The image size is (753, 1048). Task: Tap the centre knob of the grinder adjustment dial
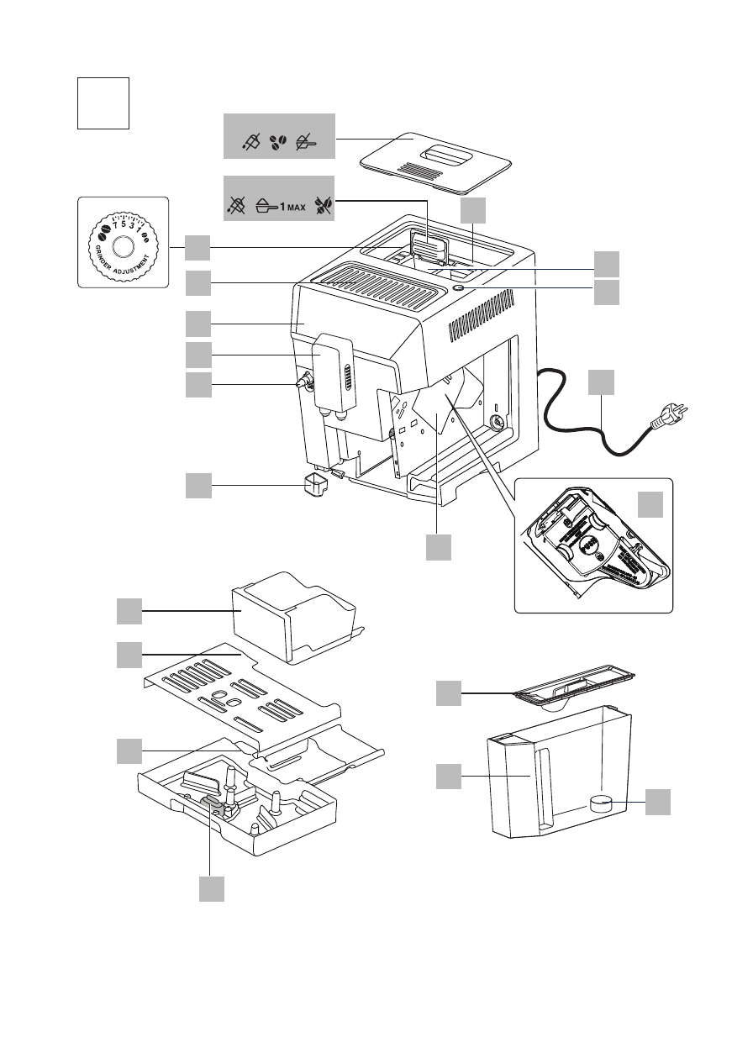tap(123, 246)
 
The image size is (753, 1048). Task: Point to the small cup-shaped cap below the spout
tap(315, 485)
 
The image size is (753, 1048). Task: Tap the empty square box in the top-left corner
tap(103, 103)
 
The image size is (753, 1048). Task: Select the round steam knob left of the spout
tap(302, 382)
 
